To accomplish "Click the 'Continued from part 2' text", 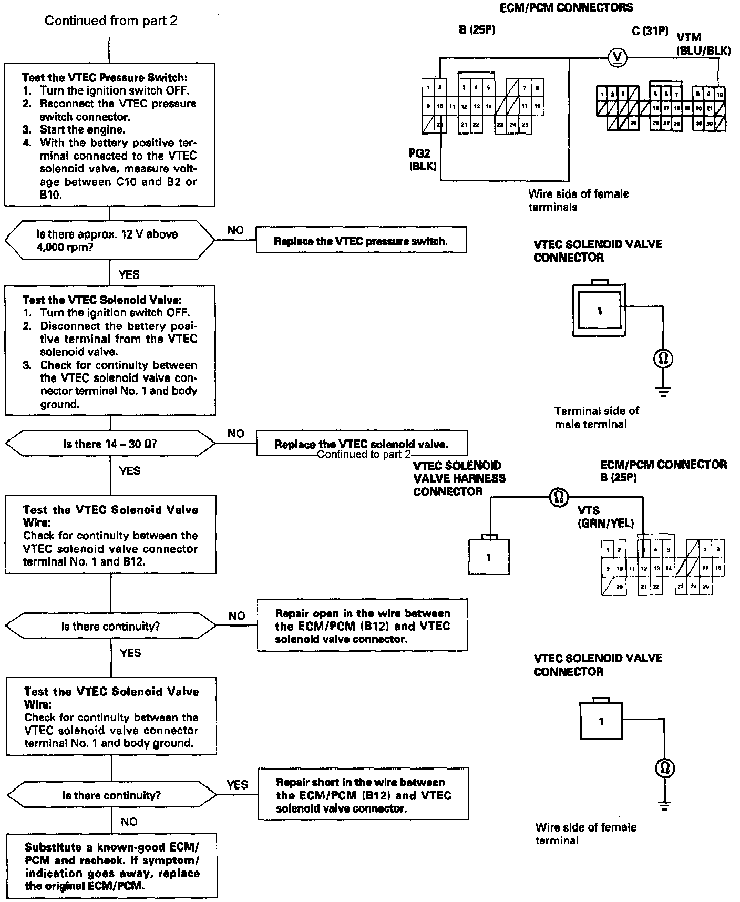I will click(111, 20).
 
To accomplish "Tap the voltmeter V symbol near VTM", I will click(614, 57).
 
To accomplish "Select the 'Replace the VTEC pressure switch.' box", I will click(361, 241).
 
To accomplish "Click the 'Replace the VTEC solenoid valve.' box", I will click(361, 444).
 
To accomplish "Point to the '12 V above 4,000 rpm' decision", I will click(110, 240).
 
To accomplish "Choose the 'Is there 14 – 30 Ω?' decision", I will click(110, 444).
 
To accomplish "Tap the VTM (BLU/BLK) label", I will click(703, 44).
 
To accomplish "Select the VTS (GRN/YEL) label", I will click(605, 517).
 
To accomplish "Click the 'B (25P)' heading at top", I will click(477, 30).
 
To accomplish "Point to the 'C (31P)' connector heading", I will click(650, 31).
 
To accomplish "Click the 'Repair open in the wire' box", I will click(362, 626).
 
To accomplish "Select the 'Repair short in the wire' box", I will click(363, 795).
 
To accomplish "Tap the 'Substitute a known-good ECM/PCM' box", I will click(112, 866).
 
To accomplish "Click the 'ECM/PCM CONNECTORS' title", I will click(567, 7).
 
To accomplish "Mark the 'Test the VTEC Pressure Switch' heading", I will click(104, 77).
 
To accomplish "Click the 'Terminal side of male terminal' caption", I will click(597, 417).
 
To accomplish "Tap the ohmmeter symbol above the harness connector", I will click(558, 496).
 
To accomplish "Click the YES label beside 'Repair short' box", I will click(237, 784).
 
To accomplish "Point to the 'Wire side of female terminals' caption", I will click(578, 200).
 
